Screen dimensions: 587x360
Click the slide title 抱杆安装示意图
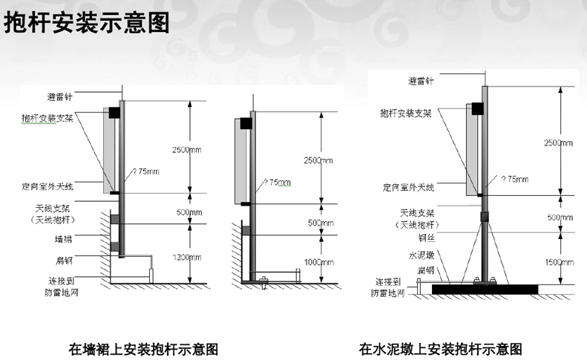point(88,23)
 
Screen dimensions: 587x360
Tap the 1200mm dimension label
point(186,258)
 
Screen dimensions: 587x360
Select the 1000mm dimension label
point(320,261)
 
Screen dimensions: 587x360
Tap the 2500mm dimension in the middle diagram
point(320,160)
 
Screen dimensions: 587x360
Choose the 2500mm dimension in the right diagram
point(557,142)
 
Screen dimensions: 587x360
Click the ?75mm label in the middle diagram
point(279,181)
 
